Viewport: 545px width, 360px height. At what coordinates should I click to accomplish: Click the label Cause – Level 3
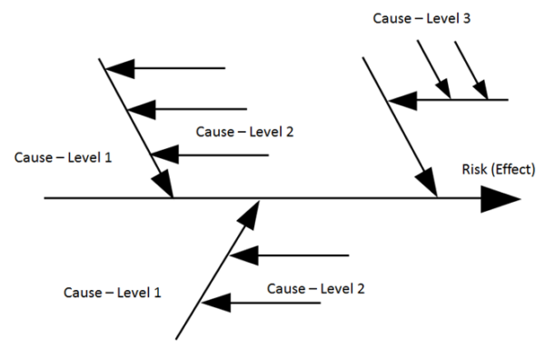[421, 17]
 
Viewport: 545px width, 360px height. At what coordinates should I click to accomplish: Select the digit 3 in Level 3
[466, 17]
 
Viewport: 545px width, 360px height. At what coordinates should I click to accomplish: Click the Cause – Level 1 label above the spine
[63, 157]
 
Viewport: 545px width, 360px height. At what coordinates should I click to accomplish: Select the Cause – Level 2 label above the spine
[244, 131]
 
